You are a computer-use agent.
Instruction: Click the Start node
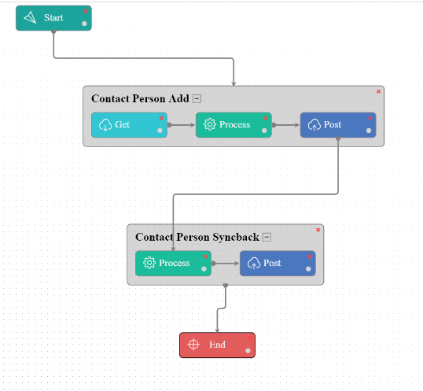click(53, 18)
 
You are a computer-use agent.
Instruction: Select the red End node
click(217, 345)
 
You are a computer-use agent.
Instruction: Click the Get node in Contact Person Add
click(129, 124)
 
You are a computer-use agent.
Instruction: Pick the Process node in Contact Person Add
click(234, 124)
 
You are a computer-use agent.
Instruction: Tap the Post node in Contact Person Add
click(337, 124)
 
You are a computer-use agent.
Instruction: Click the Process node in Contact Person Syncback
click(173, 263)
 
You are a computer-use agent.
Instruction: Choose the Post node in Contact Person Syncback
click(277, 263)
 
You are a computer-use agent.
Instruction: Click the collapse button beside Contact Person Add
click(197, 99)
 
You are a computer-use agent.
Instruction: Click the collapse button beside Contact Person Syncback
click(267, 237)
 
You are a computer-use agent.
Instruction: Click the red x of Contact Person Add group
click(378, 91)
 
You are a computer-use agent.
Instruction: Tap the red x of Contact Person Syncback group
click(318, 230)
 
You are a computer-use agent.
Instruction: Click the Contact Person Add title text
click(139, 99)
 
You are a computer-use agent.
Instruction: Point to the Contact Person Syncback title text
click(197, 237)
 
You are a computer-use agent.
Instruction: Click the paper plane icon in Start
click(31, 18)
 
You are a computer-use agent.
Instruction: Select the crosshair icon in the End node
click(194, 345)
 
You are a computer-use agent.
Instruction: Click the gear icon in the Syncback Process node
click(149, 263)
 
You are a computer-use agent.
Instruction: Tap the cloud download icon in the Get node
click(105, 124)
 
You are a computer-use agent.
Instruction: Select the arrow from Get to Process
click(182, 124)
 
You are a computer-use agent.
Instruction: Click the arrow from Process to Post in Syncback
click(226, 263)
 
